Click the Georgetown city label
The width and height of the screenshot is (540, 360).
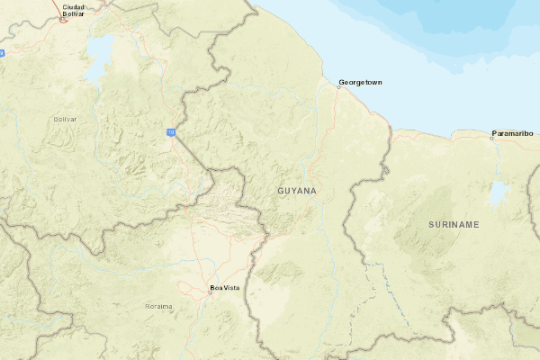tap(361, 83)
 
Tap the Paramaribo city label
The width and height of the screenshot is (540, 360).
tap(514, 134)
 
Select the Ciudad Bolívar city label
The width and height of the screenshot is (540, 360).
tap(74, 9)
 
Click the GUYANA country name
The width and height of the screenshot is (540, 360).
tap(297, 192)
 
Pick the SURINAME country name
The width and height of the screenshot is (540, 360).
tap(454, 223)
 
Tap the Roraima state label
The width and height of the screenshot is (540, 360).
tap(158, 307)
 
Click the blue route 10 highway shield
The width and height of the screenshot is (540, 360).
tap(170, 132)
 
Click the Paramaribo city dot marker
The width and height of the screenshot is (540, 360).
tap(492, 138)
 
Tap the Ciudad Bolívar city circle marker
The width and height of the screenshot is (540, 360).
tap(63, 18)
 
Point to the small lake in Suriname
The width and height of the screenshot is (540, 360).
tap(497, 193)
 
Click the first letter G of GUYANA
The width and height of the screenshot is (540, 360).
tap(281, 192)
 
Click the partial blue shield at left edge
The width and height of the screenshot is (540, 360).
tap(2, 53)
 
